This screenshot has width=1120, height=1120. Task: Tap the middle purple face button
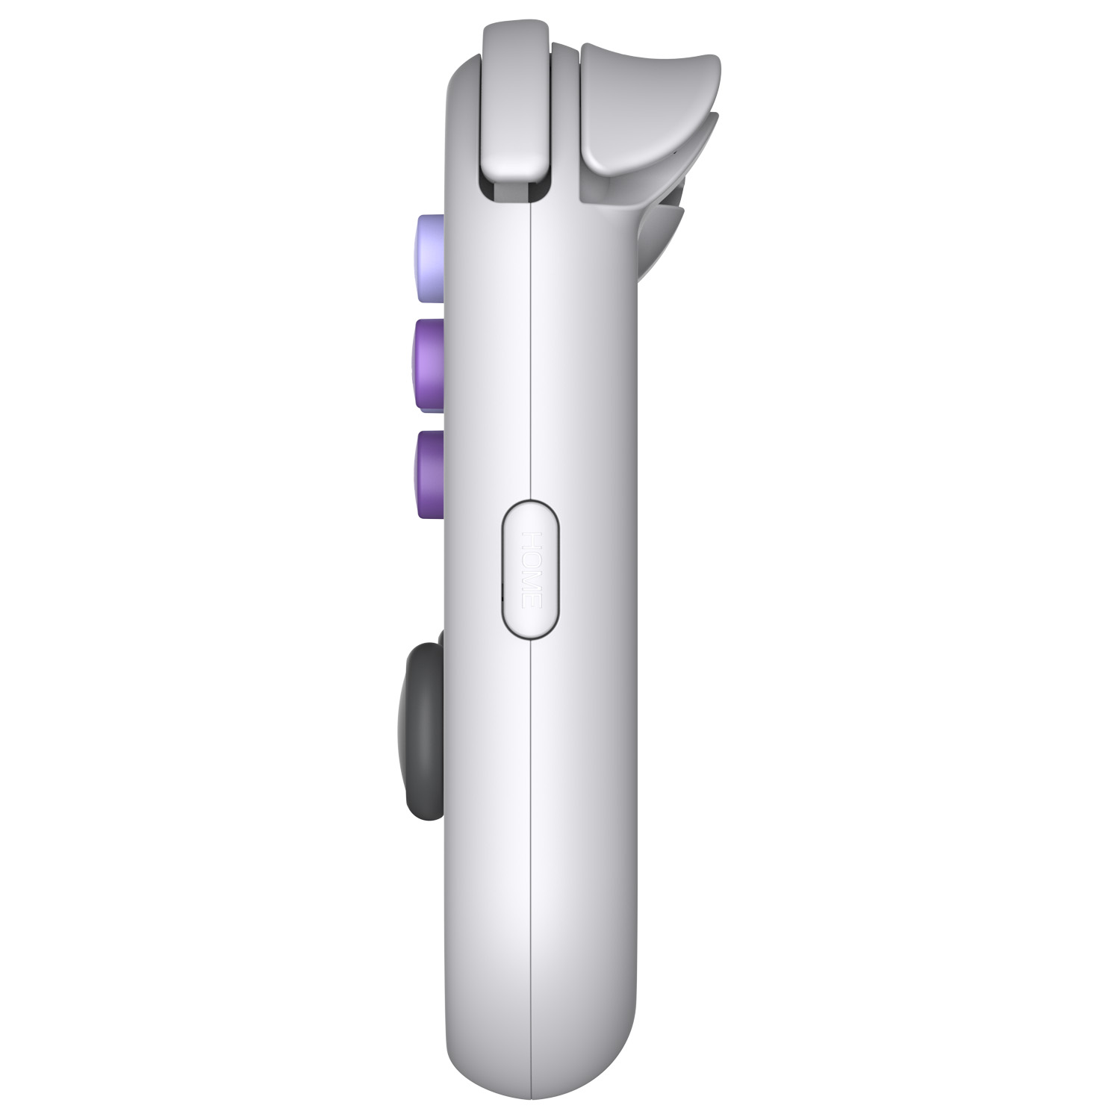(429, 365)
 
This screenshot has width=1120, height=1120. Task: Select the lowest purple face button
(429, 475)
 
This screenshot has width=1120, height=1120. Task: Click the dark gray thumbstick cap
(424, 731)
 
